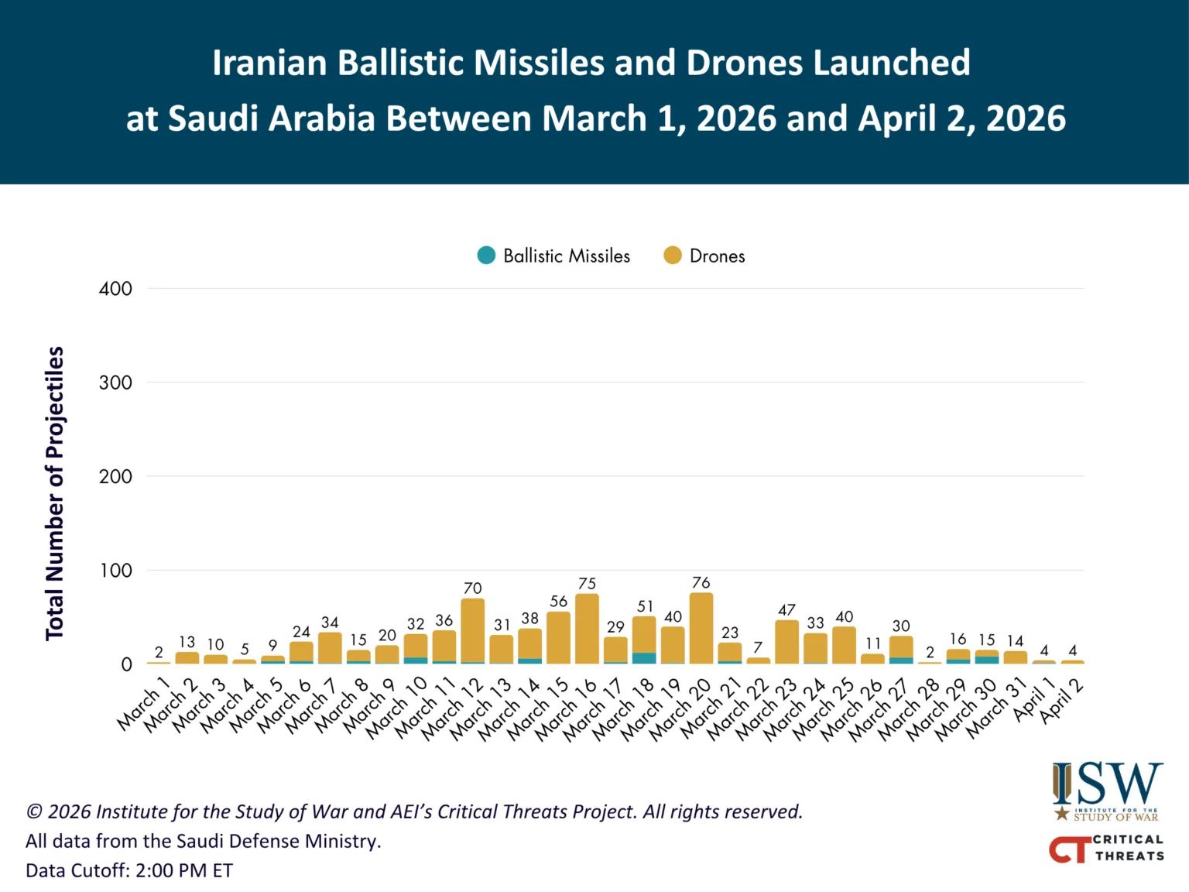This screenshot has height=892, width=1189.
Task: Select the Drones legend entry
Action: [704, 256]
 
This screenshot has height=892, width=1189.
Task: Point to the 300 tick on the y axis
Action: [115, 383]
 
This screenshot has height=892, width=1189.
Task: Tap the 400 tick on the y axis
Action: [115, 289]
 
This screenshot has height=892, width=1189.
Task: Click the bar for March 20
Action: [701, 628]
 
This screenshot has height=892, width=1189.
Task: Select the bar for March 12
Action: [472, 631]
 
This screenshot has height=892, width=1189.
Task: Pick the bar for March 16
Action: [587, 629]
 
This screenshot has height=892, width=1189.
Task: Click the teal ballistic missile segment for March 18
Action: [644, 658]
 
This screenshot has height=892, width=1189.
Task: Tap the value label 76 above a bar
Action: [701, 582]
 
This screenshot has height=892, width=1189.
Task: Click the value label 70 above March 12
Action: [472, 588]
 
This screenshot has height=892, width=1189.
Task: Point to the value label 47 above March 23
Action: [786, 610]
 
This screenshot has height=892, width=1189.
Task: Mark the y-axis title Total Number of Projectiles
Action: [54, 493]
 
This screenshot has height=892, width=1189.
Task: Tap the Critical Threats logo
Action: [1107, 848]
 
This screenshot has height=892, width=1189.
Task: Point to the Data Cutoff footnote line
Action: [129, 870]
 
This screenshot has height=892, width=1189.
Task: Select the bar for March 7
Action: [330, 648]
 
